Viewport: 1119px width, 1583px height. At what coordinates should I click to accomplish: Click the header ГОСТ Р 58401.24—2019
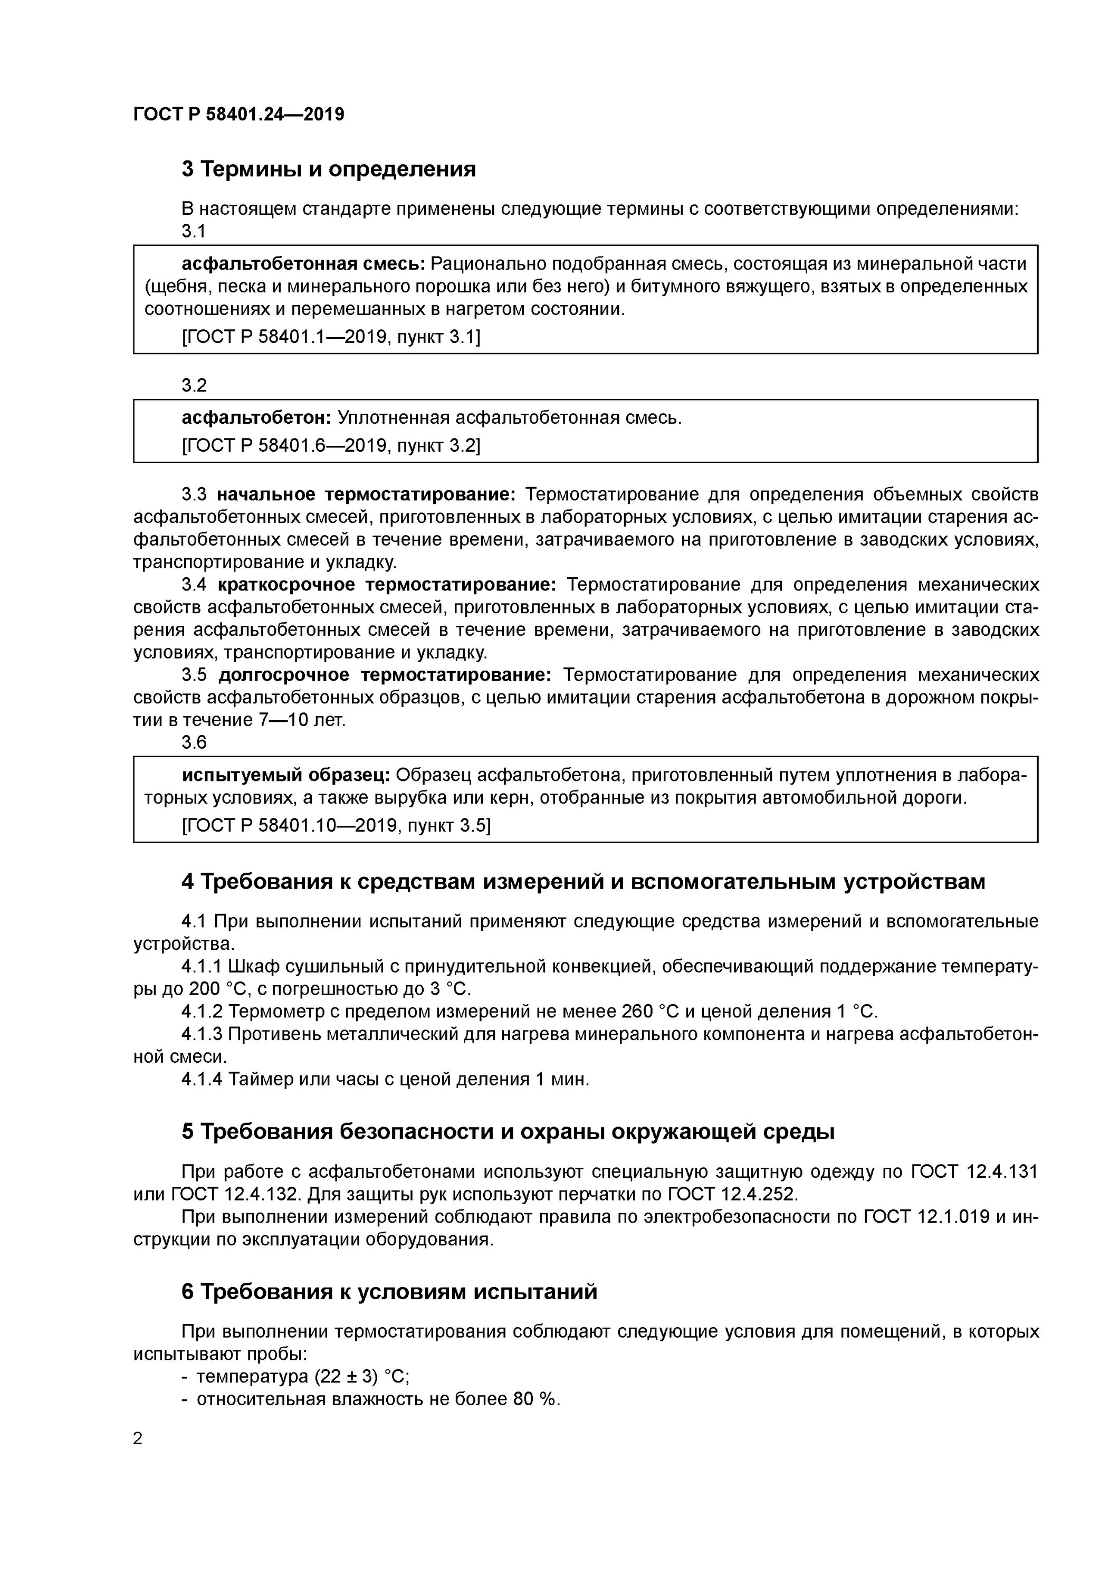pos(238,115)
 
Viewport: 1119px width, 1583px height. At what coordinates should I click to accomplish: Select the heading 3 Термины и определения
pos(328,169)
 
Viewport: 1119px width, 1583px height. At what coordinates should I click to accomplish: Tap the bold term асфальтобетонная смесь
pos(303,263)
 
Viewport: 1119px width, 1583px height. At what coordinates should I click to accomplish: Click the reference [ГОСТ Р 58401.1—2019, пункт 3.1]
pos(331,337)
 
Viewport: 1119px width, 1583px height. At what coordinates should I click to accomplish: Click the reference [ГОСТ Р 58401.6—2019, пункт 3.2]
pos(331,446)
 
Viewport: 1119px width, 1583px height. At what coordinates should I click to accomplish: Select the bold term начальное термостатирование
pos(366,494)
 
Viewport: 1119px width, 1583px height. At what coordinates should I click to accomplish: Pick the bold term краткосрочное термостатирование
pos(387,585)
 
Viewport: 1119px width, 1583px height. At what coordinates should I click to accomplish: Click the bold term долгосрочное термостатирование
pos(385,674)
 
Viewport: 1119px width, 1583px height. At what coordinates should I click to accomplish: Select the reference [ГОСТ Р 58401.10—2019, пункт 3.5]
pos(336,825)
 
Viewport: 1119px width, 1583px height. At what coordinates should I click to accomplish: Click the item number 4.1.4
pos(202,1079)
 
